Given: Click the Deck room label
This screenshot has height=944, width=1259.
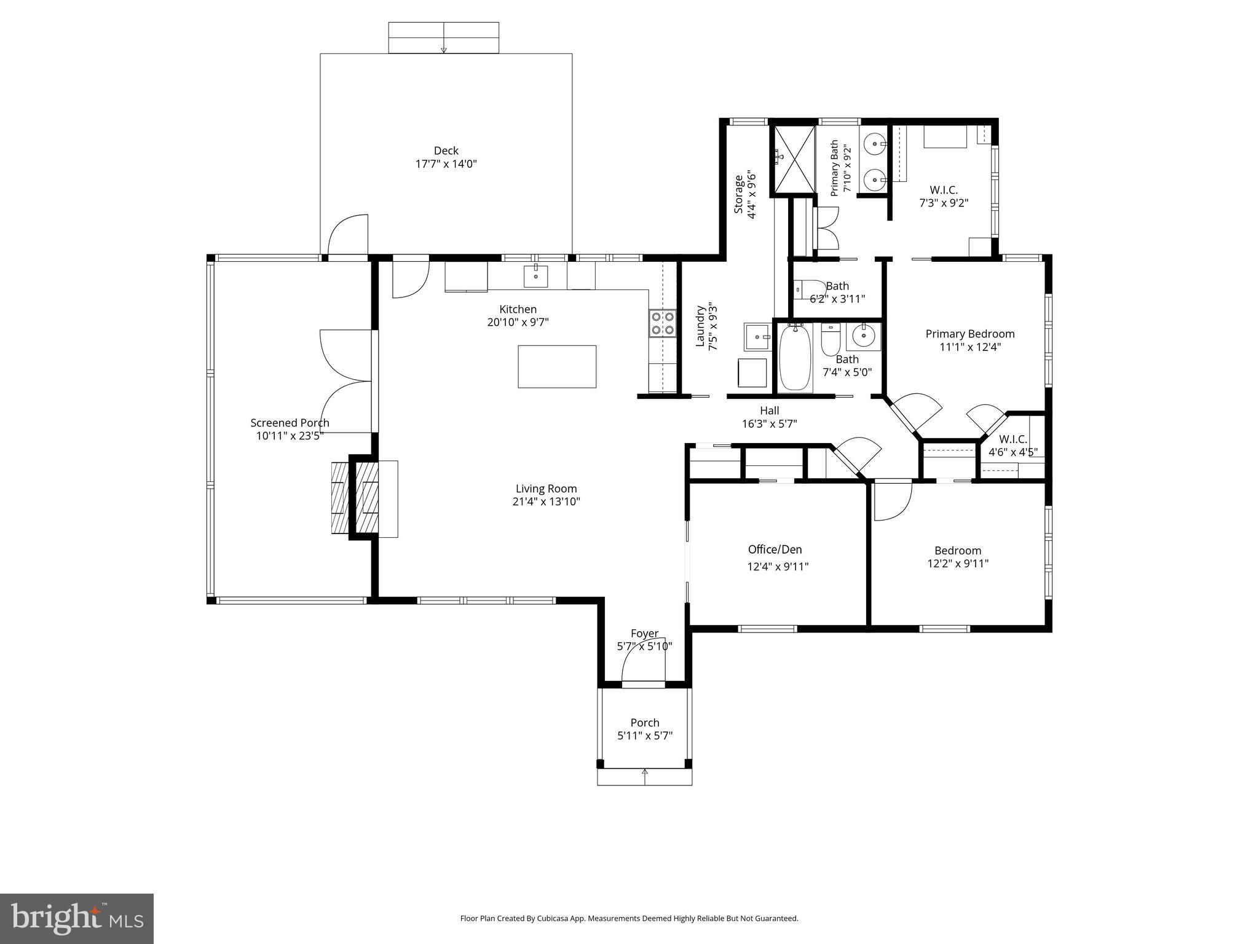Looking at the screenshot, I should (446, 151).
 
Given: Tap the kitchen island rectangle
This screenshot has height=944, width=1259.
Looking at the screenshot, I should (556, 366).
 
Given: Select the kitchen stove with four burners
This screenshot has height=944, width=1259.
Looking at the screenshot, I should (663, 324).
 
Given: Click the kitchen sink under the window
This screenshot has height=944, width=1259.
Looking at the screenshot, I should (536, 276).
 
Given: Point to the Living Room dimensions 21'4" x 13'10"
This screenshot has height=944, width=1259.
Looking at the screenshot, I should (547, 502).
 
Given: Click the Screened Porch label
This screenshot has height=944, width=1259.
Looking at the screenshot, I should (290, 423).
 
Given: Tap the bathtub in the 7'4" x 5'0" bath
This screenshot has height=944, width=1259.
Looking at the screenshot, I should (795, 358).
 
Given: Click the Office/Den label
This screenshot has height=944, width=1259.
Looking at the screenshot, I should (775, 549).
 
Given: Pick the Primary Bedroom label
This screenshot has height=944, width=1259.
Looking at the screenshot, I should (969, 334).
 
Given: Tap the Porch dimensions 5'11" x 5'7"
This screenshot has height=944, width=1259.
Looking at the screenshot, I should (645, 736).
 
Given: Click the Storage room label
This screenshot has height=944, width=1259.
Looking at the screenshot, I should (739, 195).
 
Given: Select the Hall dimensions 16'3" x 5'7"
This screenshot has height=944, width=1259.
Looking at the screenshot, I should (769, 423).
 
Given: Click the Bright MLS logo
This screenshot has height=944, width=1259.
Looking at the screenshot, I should (77, 919).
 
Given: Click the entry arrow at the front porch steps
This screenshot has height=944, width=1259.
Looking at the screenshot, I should (645, 773).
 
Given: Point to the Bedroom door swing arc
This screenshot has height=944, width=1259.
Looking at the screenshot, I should (892, 502).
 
